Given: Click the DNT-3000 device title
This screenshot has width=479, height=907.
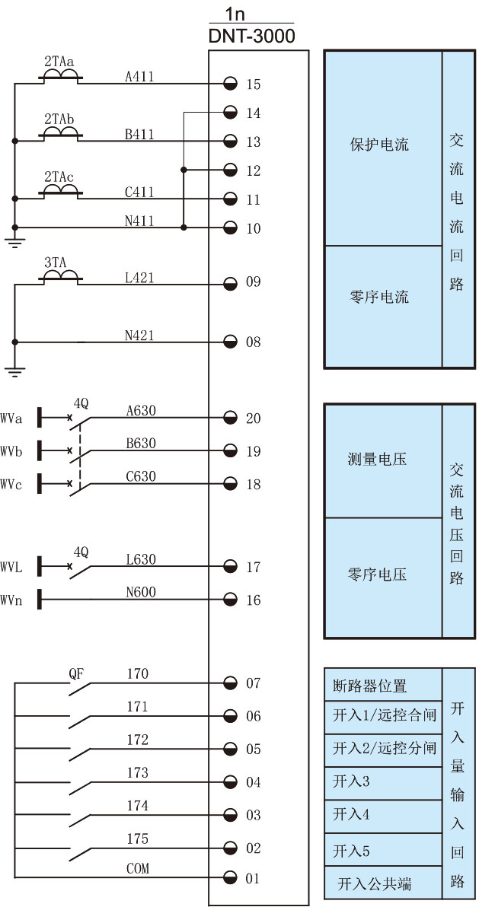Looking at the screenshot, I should [251, 36].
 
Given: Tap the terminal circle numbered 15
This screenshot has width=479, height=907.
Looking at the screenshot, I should [231, 83].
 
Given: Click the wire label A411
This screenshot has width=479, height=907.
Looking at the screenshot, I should [139, 75].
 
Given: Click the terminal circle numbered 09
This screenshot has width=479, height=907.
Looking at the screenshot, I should [231, 283].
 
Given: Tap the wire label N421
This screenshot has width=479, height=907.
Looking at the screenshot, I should [139, 334].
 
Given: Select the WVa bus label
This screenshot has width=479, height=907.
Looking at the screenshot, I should [11, 418].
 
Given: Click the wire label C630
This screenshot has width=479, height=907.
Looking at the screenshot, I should [141, 476].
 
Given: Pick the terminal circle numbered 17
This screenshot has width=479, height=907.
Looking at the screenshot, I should [231, 567].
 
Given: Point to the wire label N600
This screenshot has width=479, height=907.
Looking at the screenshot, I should [141, 592].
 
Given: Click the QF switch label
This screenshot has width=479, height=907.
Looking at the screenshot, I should [76, 673].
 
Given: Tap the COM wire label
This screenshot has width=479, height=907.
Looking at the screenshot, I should [138, 868].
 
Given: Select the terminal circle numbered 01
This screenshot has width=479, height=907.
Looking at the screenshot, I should [231, 879].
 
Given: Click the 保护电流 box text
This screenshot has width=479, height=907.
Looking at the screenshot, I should [379, 145].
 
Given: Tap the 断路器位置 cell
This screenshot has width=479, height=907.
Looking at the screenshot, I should [370, 686].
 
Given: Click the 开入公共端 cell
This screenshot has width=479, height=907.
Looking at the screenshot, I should [375, 884].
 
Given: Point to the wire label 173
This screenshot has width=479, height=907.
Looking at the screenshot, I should [138, 773].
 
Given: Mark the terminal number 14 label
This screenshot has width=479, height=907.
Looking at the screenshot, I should [254, 113].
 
